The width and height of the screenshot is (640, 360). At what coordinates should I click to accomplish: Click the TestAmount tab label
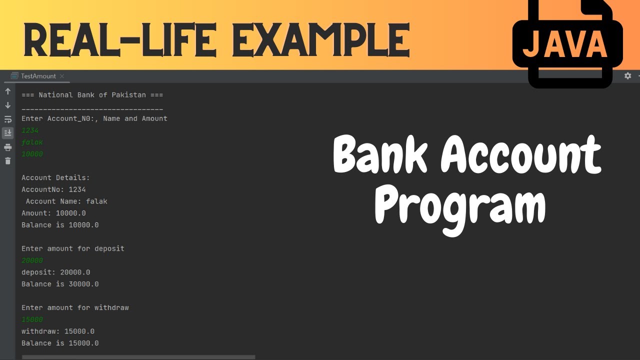(x=38, y=76)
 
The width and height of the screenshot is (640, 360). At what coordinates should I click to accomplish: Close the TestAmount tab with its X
(x=62, y=76)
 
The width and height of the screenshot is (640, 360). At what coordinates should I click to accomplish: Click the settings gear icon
(x=627, y=76)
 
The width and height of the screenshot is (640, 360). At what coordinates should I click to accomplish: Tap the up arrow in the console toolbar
(x=7, y=91)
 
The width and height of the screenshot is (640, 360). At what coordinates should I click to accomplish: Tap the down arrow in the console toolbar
(x=7, y=105)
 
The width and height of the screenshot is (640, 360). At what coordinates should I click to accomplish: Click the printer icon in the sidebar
(x=7, y=147)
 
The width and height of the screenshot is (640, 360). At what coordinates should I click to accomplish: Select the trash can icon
(x=7, y=161)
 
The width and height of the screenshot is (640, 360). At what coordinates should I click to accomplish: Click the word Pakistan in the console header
(x=129, y=95)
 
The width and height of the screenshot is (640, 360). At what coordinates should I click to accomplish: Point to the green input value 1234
(x=30, y=130)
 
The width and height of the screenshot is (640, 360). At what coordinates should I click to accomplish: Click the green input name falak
(x=32, y=142)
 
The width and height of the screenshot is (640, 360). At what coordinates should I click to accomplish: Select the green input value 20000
(x=32, y=260)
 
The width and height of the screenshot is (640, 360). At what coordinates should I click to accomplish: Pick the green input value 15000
(x=32, y=319)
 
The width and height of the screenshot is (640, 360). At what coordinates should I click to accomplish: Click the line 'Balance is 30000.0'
(x=60, y=284)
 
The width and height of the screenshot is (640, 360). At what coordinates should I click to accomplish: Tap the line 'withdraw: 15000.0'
(x=58, y=331)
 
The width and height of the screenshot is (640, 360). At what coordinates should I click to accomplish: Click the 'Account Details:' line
(x=55, y=177)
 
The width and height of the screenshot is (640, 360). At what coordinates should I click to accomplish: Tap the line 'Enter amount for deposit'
(x=73, y=248)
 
